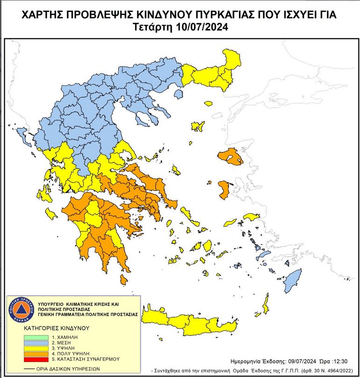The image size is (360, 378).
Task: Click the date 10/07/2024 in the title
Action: point(203,27)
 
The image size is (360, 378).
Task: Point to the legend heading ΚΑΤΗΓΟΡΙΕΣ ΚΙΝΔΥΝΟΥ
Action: point(56,328)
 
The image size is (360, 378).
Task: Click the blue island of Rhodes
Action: point(291,280)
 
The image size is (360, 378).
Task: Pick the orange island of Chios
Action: point(224,189)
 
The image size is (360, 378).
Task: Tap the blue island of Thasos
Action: point(178,94)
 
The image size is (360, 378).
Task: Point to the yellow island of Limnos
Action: point(198,126)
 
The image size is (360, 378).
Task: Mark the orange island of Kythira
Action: point(123,280)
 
